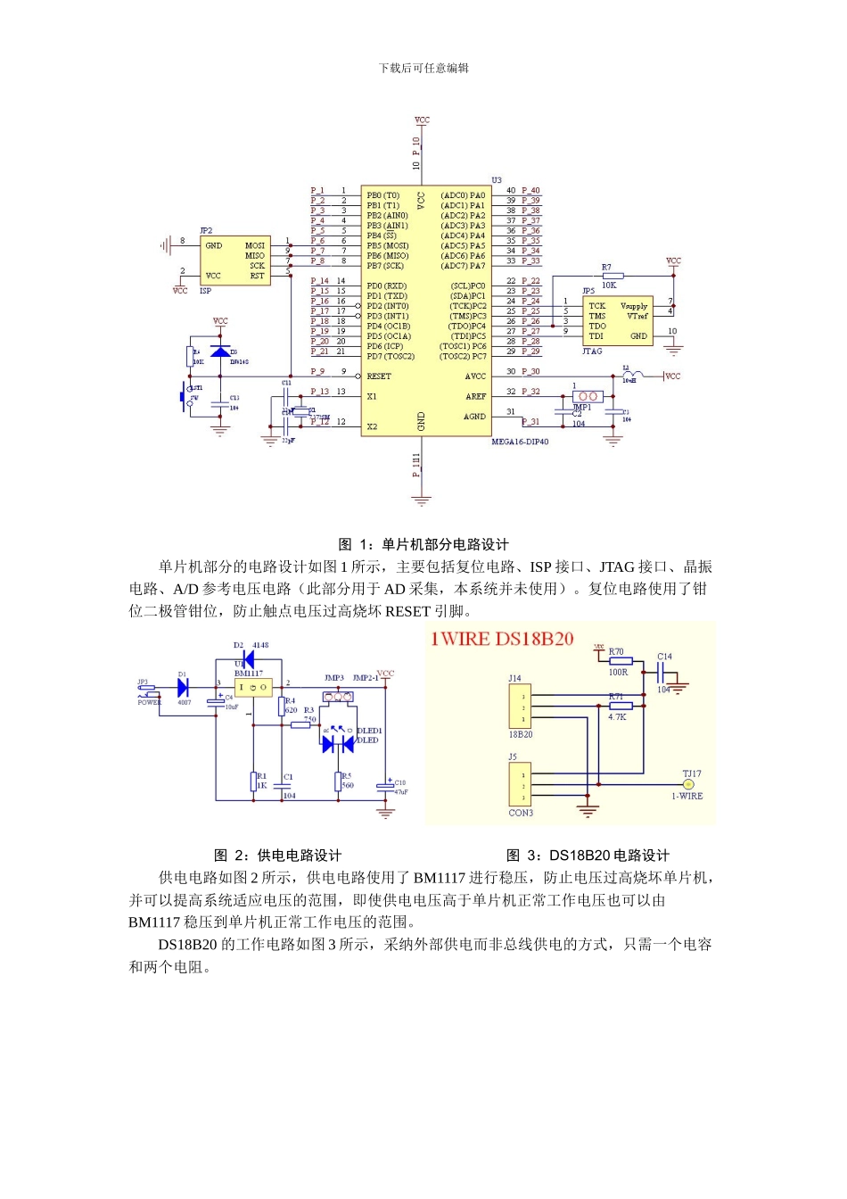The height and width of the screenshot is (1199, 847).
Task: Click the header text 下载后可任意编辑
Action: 423,68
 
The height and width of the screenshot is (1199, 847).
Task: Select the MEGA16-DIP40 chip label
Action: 520,442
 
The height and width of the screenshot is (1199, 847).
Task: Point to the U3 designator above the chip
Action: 497,180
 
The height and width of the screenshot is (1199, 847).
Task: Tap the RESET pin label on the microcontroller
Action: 379,376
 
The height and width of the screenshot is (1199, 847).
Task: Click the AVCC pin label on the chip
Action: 475,376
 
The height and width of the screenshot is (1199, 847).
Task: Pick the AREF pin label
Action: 476,396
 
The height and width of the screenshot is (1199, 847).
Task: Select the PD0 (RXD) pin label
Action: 386,286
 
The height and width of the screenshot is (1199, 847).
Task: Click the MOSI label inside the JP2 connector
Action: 255,245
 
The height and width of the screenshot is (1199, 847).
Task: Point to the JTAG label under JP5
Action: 592,351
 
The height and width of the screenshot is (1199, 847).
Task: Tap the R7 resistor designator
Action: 606,267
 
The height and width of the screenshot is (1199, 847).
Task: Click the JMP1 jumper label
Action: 581,408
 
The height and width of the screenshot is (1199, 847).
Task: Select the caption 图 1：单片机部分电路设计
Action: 423,544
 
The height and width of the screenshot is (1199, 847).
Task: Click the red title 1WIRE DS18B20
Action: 502,639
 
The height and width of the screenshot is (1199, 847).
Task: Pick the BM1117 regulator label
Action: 249,674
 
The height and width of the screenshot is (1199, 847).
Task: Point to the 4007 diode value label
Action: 185,703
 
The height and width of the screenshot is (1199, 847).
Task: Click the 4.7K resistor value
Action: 617,716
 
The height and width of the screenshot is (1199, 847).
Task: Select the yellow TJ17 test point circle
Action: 687,784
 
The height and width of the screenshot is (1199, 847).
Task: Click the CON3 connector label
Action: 521,813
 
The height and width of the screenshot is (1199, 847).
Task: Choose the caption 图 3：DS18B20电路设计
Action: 588,855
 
